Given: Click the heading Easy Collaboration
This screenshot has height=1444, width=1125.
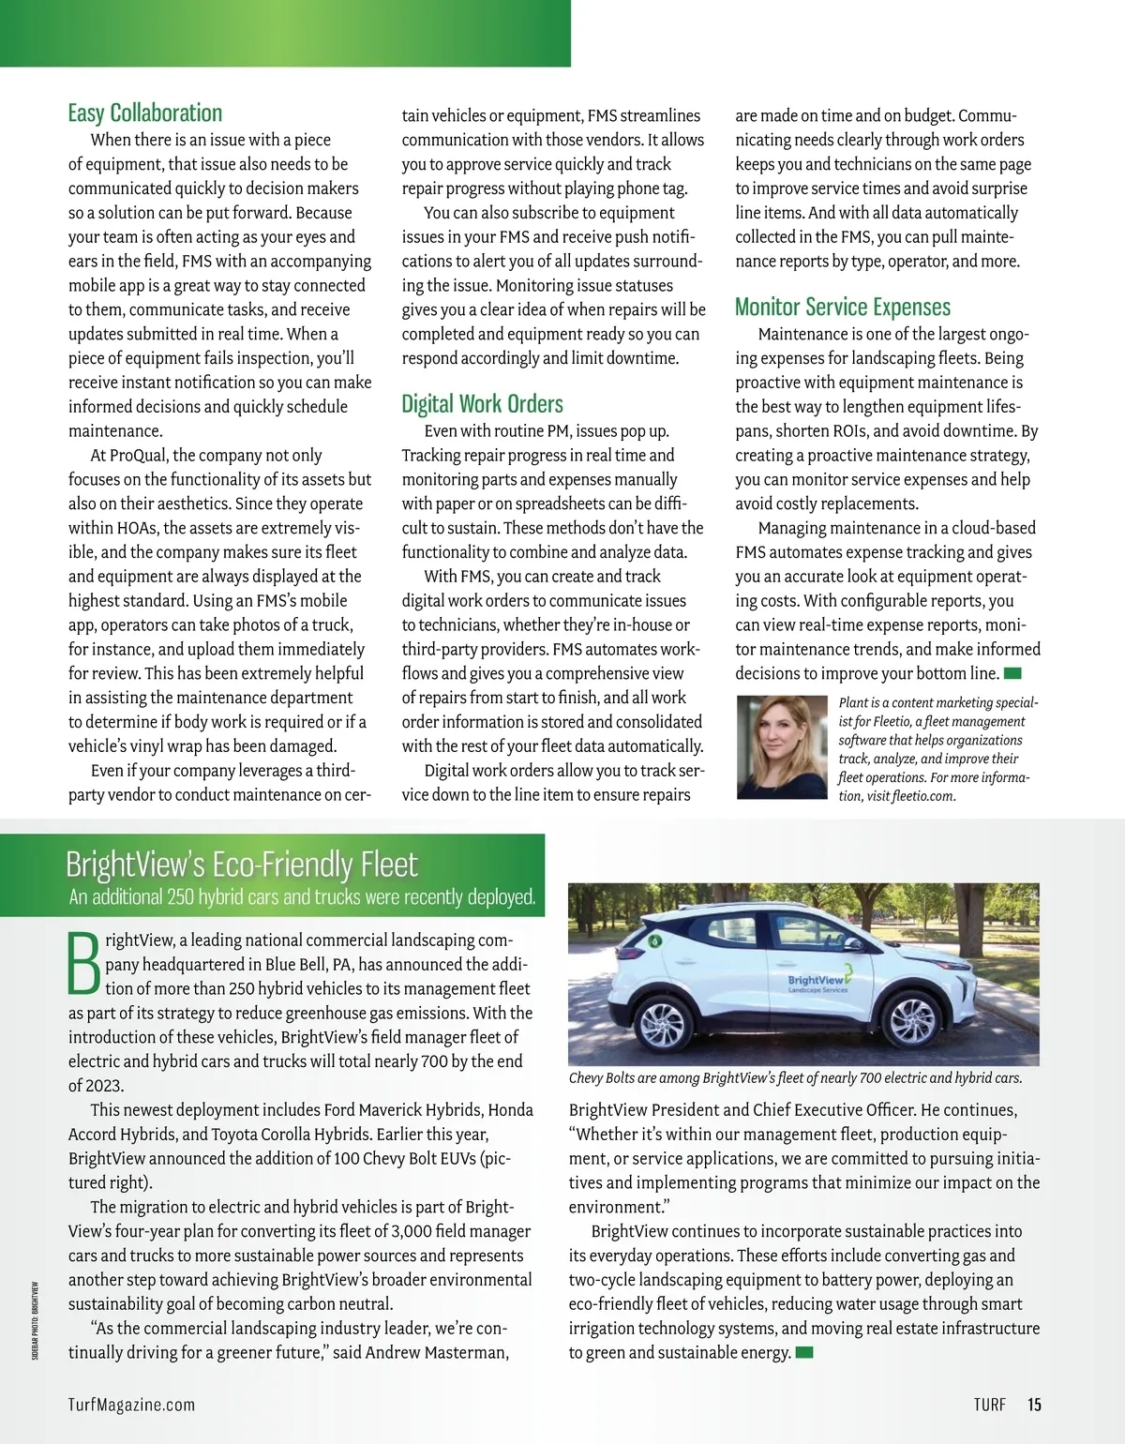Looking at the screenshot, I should pyautogui.click(x=145, y=113).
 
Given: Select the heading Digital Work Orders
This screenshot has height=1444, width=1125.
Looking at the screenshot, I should pyautogui.click(x=482, y=404).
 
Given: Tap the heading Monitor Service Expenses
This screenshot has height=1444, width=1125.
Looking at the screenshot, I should pyautogui.click(x=842, y=308).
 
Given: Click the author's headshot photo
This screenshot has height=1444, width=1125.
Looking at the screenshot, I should pyautogui.click(x=782, y=746).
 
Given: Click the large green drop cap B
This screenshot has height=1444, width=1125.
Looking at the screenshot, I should pyautogui.click(x=84, y=963).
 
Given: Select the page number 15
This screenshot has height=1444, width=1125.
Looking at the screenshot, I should pyautogui.click(x=1034, y=1404).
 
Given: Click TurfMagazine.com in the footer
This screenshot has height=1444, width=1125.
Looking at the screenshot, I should pyautogui.click(x=131, y=1404).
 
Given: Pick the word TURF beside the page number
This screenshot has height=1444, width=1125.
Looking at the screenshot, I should pyautogui.click(x=989, y=1404).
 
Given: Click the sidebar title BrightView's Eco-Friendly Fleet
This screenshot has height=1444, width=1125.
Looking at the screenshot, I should pyautogui.click(x=242, y=864).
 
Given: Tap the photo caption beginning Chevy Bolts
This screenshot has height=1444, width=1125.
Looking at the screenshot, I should pyautogui.click(x=795, y=1078).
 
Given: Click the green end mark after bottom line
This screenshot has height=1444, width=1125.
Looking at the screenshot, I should pyautogui.click(x=1012, y=673).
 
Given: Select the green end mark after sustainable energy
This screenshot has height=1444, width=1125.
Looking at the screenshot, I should pyautogui.click(x=803, y=1352).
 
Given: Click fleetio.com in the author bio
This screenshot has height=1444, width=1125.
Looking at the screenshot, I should pyautogui.click(x=922, y=796).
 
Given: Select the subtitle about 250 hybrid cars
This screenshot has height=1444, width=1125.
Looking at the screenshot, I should pyautogui.click(x=302, y=897).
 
